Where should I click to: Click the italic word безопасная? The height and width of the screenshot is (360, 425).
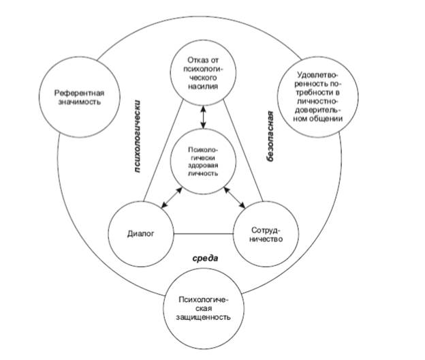click(270, 134)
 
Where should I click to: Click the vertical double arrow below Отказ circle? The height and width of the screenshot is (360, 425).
click(204, 114)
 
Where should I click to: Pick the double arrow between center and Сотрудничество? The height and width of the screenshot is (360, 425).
click(236, 198)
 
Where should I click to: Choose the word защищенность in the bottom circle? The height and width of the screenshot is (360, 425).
click(204, 317)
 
